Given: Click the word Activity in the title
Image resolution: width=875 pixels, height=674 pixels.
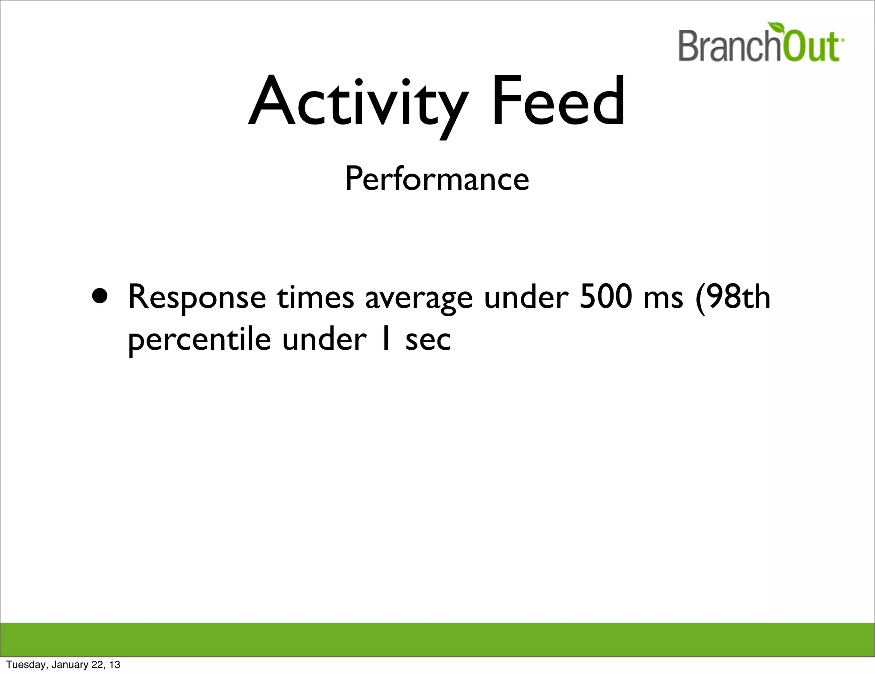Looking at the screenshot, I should (358, 103).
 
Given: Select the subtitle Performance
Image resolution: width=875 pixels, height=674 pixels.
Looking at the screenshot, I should (437, 179).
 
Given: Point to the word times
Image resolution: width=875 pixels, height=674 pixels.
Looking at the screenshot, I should (315, 297).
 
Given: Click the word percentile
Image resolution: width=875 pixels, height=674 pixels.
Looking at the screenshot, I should (200, 340).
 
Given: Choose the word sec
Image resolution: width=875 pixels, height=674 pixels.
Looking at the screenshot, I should (428, 340).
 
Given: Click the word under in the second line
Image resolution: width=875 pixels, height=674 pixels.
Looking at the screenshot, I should (324, 340).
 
